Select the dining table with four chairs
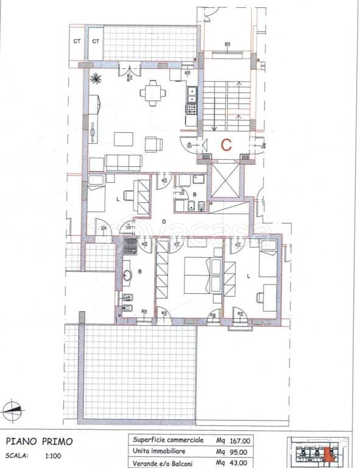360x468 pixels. point(152,94)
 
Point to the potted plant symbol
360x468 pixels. point(96,78)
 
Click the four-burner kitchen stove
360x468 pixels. point(191,110)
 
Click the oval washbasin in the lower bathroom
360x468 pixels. point(127,275)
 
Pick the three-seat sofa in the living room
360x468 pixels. point(124,162)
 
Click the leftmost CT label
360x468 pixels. point(77,41)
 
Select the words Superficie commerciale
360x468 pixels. point(160,439)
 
